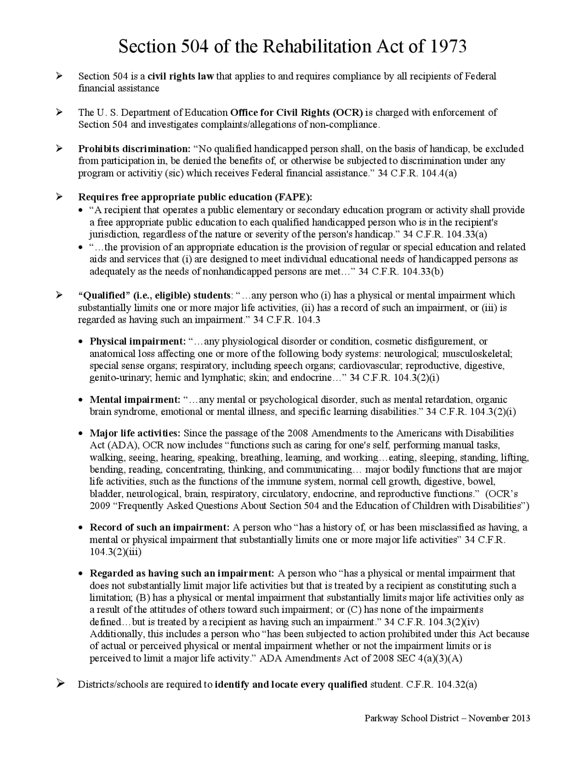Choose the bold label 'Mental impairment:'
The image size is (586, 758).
135,400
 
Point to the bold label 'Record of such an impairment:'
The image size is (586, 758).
159,527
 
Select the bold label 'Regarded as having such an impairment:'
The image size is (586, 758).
182,574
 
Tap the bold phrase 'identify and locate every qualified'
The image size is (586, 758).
291,685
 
